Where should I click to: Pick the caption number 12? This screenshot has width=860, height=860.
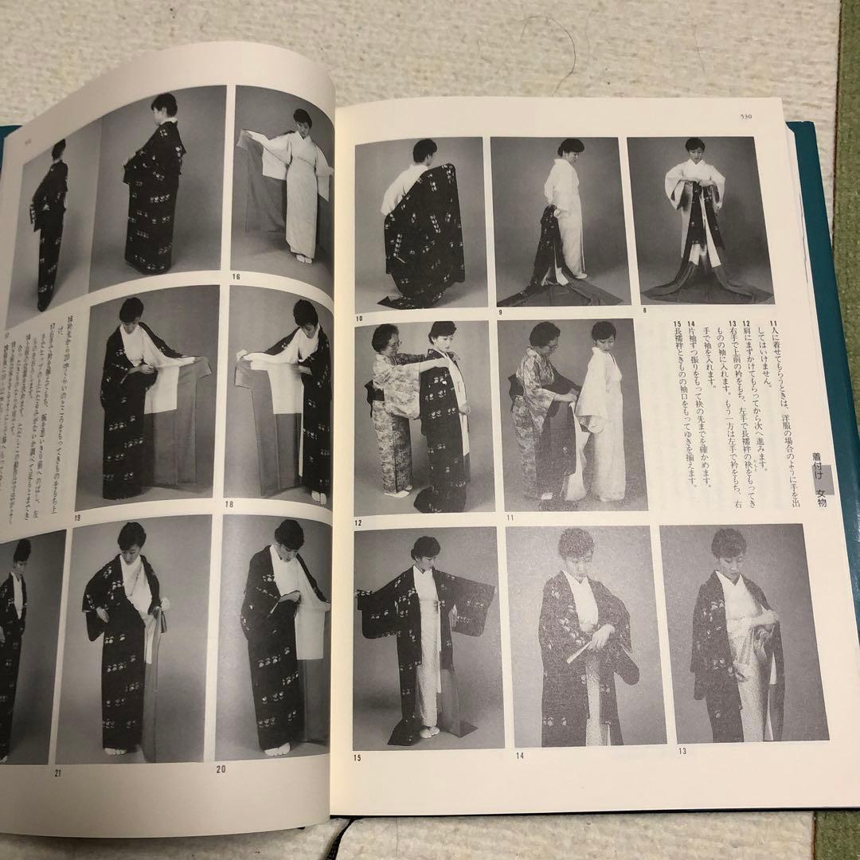click(358, 522)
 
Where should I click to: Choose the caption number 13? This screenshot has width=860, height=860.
click(661, 751)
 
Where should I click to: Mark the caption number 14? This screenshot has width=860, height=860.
click(519, 754)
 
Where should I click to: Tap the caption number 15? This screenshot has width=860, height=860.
click(358, 757)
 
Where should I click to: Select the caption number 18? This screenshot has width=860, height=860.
click(229, 505)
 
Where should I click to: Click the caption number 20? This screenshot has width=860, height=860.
click(221, 769)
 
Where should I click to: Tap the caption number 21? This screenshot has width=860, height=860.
click(57, 772)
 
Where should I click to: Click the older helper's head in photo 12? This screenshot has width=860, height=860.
click(385, 338)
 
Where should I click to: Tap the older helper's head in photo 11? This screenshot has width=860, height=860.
click(544, 334)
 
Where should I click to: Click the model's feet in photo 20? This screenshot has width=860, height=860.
click(278, 749)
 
